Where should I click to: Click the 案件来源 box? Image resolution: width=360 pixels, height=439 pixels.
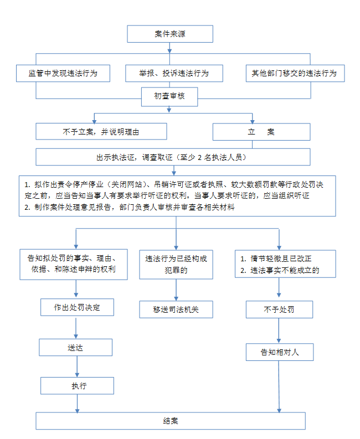click(x=170, y=34)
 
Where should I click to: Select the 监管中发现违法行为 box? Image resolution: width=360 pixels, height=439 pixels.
click(x=63, y=74)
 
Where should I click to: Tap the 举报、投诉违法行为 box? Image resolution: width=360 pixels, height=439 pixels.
click(x=174, y=74)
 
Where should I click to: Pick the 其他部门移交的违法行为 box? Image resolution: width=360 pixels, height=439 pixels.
click(x=295, y=74)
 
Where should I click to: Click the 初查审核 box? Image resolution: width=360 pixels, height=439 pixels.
click(x=169, y=96)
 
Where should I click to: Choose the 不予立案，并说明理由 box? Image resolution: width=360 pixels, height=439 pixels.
click(x=101, y=131)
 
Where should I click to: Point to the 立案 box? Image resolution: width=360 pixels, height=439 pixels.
click(x=261, y=132)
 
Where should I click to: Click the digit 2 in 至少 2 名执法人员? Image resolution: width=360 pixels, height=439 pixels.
click(x=199, y=158)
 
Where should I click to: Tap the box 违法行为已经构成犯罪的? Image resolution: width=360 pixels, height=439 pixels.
click(x=176, y=265)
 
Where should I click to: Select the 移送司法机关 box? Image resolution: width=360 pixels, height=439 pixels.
click(x=176, y=309)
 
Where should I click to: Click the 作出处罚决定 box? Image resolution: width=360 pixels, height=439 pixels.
click(x=77, y=307)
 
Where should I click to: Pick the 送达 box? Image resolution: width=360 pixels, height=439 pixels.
click(x=75, y=348)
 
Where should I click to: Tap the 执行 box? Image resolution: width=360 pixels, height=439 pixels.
click(x=77, y=386)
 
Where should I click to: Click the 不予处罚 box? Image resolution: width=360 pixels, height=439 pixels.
click(x=279, y=309)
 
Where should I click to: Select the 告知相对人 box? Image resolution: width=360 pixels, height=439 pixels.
click(x=280, y=352)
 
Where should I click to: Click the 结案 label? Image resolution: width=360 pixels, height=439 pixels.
click(x=171, y=421)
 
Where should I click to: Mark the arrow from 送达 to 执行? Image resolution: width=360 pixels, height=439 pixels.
click(x=77, y=366)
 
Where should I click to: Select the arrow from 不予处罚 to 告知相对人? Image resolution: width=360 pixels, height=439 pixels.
click(x=279, y=330)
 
